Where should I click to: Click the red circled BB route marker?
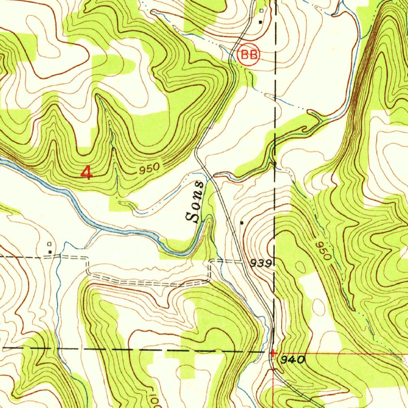249,55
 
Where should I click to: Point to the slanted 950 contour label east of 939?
323,251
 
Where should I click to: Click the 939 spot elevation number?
261,263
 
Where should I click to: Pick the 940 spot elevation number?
293,360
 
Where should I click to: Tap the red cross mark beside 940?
273,353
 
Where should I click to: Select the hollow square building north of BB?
261,11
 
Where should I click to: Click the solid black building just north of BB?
261,22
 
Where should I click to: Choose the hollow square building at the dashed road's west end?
49,243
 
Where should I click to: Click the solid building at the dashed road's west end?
50,251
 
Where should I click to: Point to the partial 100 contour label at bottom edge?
155,401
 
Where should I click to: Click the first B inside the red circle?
245,55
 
